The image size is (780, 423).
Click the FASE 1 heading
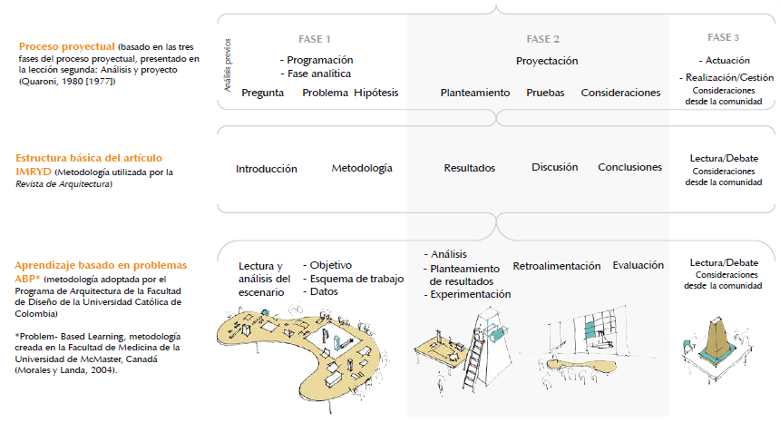(315, 39)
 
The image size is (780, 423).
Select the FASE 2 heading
(542, 39)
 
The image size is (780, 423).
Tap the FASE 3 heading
(723, 37)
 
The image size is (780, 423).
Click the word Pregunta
(262, 93)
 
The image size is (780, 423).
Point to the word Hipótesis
(376, 93)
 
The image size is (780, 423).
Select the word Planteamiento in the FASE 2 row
(475, 93)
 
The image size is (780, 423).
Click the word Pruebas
(545, 93)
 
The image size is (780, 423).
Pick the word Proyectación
(547, 61)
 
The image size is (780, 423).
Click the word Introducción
(267, 169)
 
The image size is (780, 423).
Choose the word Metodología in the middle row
(362, 168)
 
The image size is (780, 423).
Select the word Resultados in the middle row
(469, 168)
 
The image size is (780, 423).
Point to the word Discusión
(555, 167)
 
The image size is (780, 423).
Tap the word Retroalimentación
(557, 266)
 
